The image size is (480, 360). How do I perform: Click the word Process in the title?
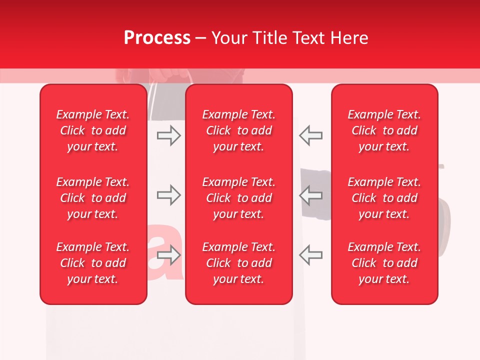point(157,37)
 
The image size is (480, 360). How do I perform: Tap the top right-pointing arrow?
point(168,135)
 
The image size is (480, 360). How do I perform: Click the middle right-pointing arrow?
point(168,195)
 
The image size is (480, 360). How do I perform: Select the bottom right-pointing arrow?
point(168,255)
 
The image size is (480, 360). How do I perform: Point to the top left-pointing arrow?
point(310,135)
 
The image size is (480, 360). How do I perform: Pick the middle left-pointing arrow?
point(310,195)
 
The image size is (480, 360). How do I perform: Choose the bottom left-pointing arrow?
point(310,255)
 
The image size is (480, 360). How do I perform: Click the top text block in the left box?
point(93,130)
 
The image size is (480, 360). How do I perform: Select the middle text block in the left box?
point(93,198)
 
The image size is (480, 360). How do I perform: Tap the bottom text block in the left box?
point(93,263)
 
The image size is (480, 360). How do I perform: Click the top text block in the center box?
point(239,130)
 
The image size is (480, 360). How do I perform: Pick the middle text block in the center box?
point(239,198)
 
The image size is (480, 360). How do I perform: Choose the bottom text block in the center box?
point(239,263)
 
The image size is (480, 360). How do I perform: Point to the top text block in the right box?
point(384,130)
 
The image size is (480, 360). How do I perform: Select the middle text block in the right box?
point(384,198)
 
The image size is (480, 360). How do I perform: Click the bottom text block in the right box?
point(384,263)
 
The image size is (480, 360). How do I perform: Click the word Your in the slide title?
point(231,37)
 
